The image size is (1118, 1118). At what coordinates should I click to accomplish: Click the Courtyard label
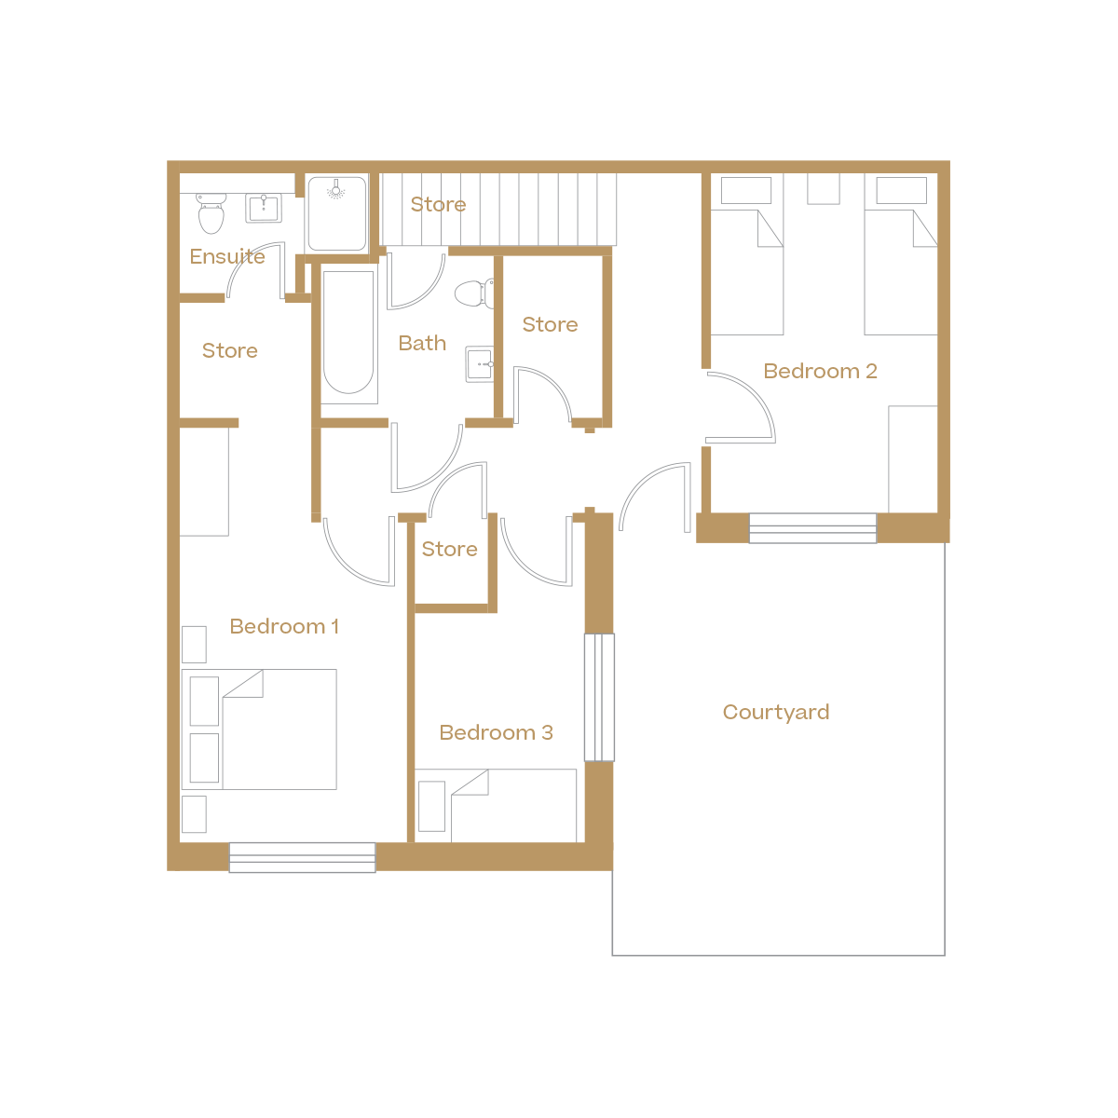click(775, 713)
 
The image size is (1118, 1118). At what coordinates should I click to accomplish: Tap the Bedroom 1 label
click(284, 626)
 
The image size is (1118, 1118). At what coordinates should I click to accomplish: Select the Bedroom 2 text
click(820, 371)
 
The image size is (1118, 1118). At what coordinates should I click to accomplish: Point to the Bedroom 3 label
click(496, 733)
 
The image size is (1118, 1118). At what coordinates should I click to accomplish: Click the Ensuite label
click(227, 256)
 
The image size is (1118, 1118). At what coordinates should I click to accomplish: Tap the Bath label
click(422, 343)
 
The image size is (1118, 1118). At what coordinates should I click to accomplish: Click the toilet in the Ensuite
click(211, 213)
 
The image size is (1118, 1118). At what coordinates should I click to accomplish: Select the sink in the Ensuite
click(264, 208)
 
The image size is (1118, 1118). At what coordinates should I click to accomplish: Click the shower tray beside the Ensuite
click(336, 213)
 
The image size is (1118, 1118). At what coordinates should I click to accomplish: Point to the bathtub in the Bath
click(348, 333)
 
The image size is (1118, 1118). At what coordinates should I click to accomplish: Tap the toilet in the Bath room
click(474, 293)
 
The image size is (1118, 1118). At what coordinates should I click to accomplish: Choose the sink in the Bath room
click(479, 363)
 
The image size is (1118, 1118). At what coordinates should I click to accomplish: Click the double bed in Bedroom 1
click(269, 729)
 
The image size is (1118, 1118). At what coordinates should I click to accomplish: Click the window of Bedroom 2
click(812, 528)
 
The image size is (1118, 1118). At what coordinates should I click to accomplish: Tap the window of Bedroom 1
click(302, 857)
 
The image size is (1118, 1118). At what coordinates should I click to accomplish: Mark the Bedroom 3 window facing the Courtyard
click(599, 697)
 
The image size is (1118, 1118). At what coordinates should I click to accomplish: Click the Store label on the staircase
click(438, 204)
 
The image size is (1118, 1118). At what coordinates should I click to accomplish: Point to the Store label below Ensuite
click(229, 350)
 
